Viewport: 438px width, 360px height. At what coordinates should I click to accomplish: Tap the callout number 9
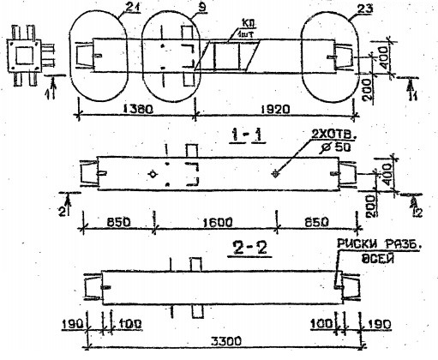click(176, 9)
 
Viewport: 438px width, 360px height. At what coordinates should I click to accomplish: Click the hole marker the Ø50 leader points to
click(275, 174)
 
